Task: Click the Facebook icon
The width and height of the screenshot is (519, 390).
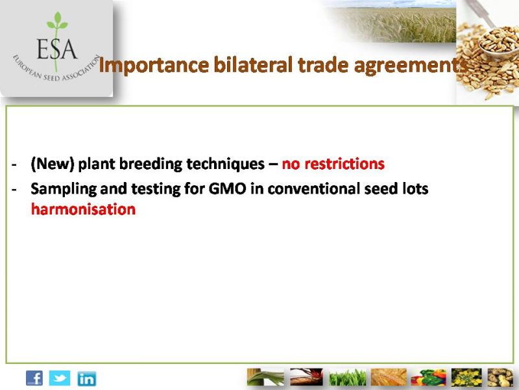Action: (34, 378)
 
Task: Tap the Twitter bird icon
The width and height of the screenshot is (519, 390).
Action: (60, 378)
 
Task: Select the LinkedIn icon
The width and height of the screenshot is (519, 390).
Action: (87, 379)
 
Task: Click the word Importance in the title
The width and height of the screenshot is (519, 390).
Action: (154, 65)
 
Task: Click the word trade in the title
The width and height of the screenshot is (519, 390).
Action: (323, 64)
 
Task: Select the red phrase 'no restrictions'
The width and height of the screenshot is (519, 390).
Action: (333, 164)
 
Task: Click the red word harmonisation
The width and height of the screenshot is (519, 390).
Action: (84, 209)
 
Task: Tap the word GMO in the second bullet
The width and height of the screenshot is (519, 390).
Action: (228, 188)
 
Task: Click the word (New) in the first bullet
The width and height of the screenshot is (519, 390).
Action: (53, 164)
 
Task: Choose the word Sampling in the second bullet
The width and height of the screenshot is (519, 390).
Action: (64, 189)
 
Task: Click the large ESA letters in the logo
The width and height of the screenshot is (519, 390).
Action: (57, 49)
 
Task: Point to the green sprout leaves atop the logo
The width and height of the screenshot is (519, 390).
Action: (58, 21)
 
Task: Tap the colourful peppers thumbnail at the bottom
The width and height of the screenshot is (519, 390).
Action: (429, 377)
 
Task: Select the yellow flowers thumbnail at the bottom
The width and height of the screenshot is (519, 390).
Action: (466, 377)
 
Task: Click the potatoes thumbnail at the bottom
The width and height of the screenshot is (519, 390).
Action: (500, 377)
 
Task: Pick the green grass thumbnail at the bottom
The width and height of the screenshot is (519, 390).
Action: (348, 377)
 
